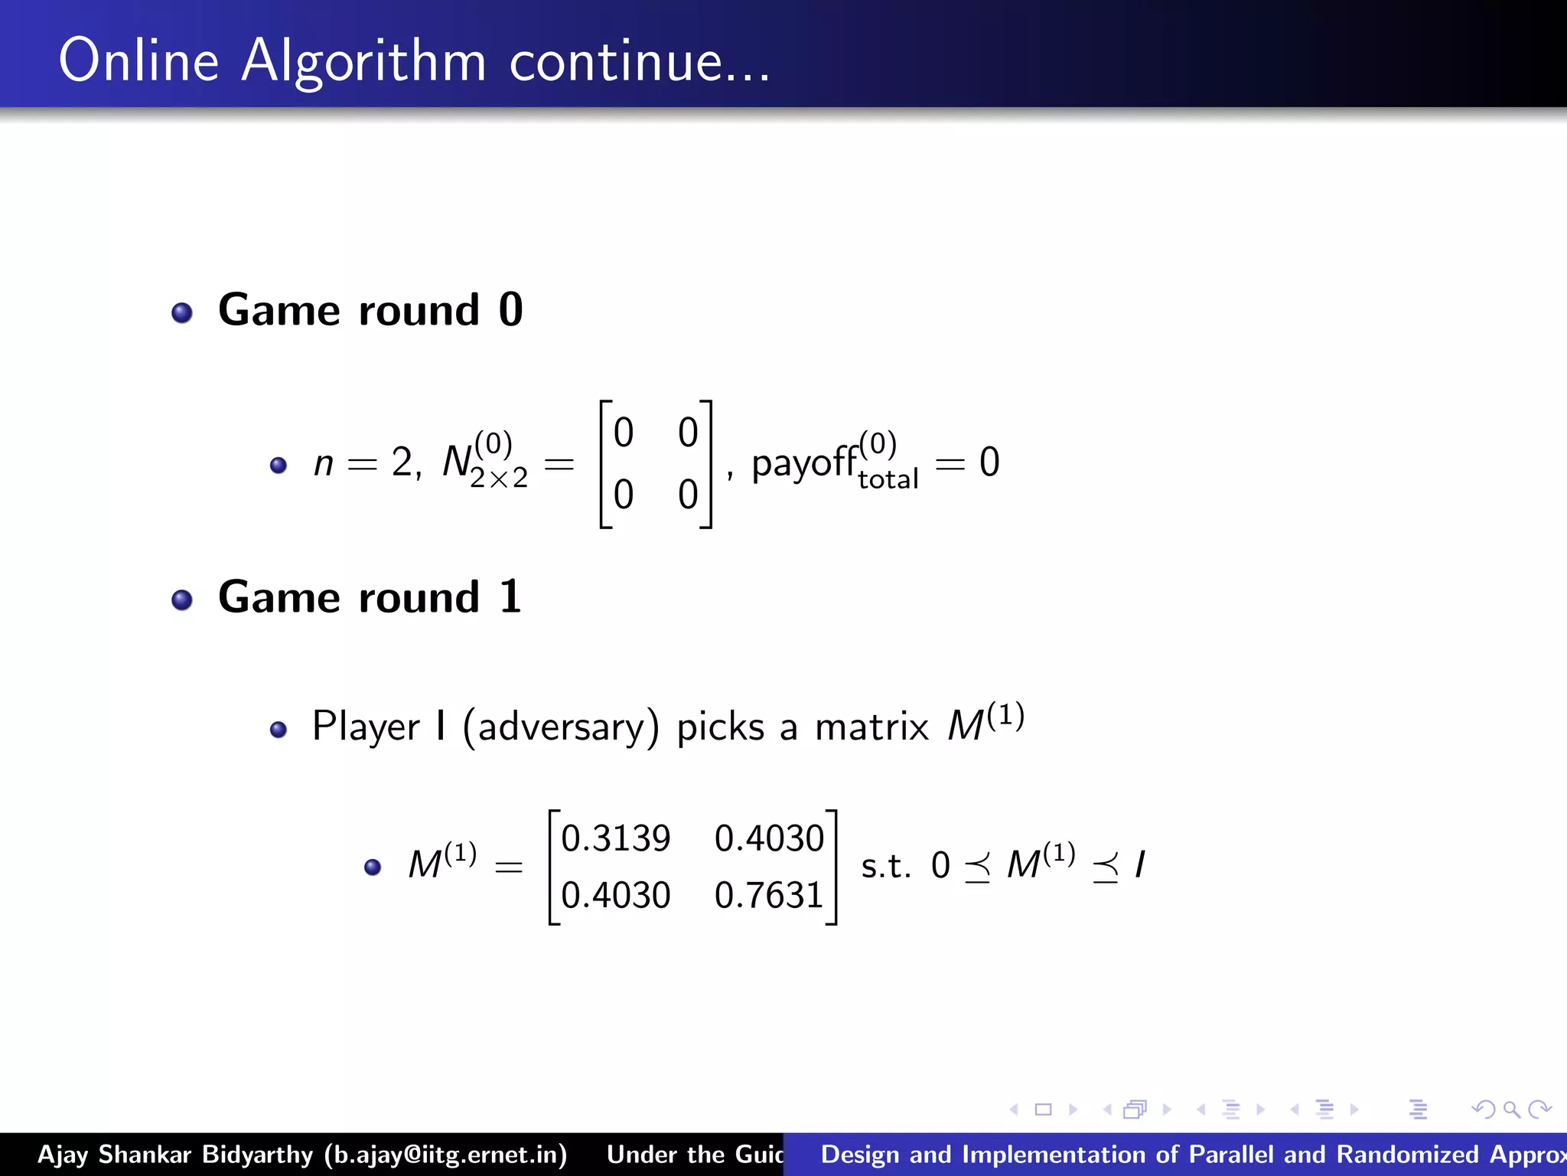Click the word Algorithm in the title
[363, 61]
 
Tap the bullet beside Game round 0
[182, 312]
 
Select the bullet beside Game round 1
[182, 599]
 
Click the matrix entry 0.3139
[616, 838]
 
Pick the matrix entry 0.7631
[769, 895]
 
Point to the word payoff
[804, 463]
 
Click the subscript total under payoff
[888, 480]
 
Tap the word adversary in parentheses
[561, 727]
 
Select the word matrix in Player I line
[871, 727]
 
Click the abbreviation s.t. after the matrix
[886, 867]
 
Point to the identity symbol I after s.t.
[1140, 865]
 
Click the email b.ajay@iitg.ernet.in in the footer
[445, 1155]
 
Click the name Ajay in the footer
[64, 1155]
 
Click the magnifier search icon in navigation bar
[1511, 1109]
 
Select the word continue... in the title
[640, 61]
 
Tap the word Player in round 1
[366, 727]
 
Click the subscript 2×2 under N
[499, 479]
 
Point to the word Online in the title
[138, 61]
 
